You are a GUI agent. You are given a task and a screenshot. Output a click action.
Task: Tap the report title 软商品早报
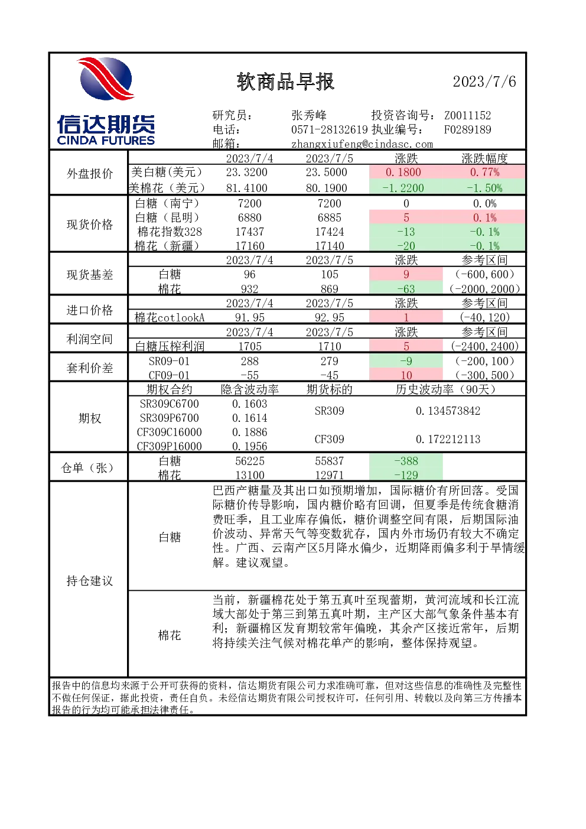pyautogui.click(x=285, y=82)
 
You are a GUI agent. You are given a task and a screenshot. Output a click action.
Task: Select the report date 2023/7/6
pyautogui.click(x=484, y=82)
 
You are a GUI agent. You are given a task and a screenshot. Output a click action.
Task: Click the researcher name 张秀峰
pyautogui.click(x=309, y=115)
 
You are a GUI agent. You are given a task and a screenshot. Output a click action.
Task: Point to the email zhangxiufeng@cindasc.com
pyautogui.click(x=362, y=144)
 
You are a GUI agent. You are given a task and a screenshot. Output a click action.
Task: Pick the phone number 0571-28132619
pyautogui.click(x=329, y=129)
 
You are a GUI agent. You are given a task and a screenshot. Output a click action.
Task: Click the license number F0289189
pyautogui.click(x=468, y=129)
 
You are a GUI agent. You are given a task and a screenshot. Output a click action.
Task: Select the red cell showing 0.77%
pyautogui.click(x=484, y=172)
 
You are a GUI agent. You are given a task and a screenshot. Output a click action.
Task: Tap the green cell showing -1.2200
pyautogui.click(x=406, y=187)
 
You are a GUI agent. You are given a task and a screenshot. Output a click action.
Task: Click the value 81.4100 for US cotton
pyautogui.click(x=247, y=188)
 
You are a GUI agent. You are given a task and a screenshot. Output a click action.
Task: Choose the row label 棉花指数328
pyautogui.click(x=170, y=232)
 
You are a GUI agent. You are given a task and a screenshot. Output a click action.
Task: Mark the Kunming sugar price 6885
pyautogui.click(x=329, y=217)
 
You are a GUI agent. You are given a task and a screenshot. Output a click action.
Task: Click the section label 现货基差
pyautogui.click(x=90, y=275)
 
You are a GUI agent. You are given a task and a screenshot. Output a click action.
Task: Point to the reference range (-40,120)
pyautogui.click(x=484, y=317)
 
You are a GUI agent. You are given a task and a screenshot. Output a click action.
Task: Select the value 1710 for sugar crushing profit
pyautogui.click(x=329, y=346)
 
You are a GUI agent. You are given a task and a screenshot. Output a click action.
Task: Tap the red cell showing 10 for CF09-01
pyautogui.click(x=406, y=375)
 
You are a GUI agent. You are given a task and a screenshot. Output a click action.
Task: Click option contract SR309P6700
pyautogui.click(x=170, y=418)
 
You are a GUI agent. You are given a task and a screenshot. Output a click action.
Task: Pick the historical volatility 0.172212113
pyautogui.click(x=448, y=439)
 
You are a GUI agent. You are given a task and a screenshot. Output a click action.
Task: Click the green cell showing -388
pyautogui.click(x=406, y=460)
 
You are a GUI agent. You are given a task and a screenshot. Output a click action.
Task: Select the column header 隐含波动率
pyautogui.click(x=250, y=389)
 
